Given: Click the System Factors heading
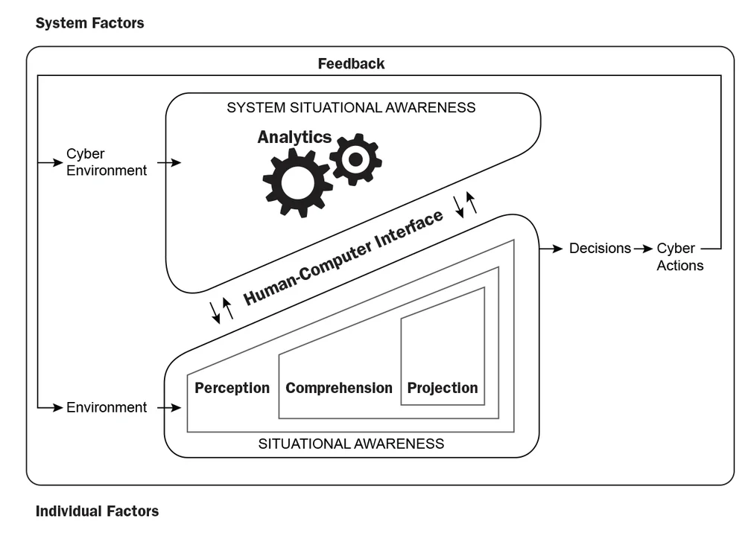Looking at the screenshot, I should pyautogui.click(x=89, y=23).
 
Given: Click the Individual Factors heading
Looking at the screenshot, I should pyautogui.click(x=97, y=511).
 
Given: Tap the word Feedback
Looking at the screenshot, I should pyautogui.click(x=351, y=64).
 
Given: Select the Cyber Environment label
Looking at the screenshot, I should pyautogui.click(x=107, y=162).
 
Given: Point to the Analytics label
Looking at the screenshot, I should pyautogui.click(x=294, y=137).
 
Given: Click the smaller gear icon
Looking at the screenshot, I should pyautogui.click(x=355, y=159).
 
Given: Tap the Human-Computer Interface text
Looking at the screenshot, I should pyautogui.click(x=343, y=257).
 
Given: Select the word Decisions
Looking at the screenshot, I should pyautogui.click(x=600, y=249).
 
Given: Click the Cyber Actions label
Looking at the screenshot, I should pyautogui.click(x=679, y=257).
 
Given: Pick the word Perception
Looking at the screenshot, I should pyautogui.click(x=232, y=388).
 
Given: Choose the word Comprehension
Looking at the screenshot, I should pyautogui.click(x=338, y=388).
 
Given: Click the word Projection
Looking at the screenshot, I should pyautogui.click(x=442, y=388).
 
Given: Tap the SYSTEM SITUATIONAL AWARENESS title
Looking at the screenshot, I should pyautogui.click(x=351, y=108).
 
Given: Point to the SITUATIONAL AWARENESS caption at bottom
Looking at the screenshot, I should pyautogui.click(x=351, y=444).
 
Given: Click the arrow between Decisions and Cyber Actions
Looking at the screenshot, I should pyautogui.click(x=643, y=249).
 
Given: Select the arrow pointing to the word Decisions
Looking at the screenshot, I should pyautogui.click(x=551, y=249).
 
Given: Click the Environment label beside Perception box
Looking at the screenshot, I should pyautogui.click(x=107, y=407).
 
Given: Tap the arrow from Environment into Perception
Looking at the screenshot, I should pyautogui.click(x=170, y=407).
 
